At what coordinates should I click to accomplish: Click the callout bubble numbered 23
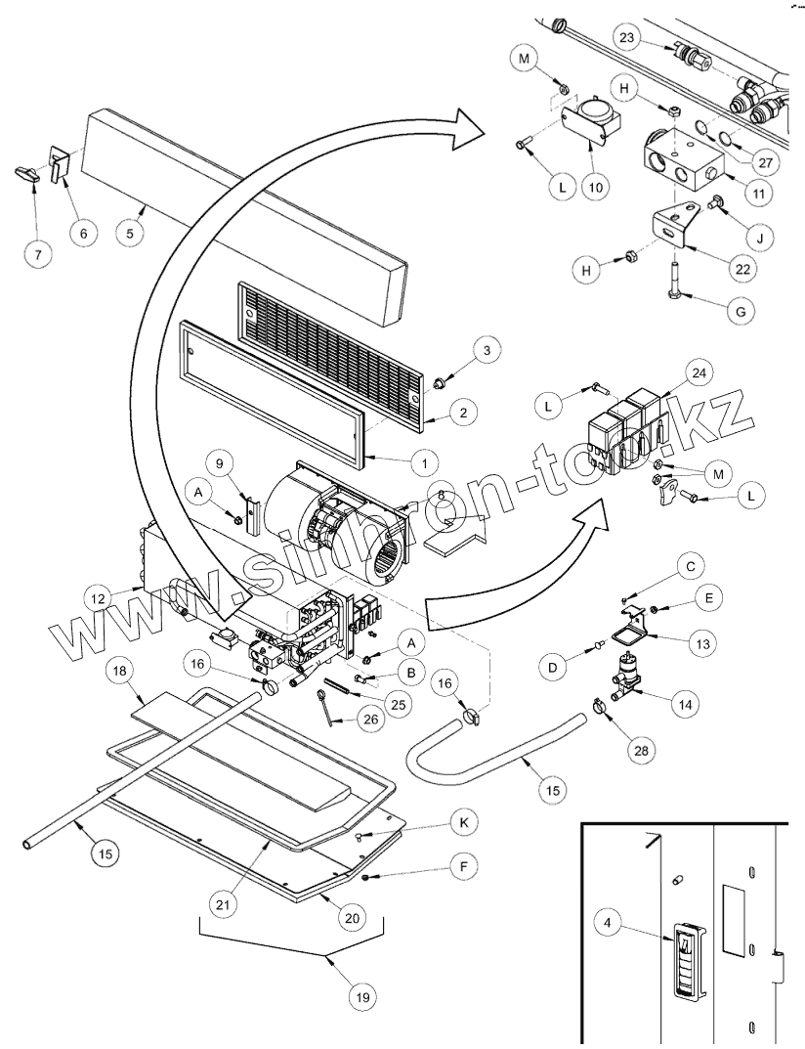pyautogui.click(x=628, y=39)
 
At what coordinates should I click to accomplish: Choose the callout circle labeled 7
pyautogui.click(x=38, y=253)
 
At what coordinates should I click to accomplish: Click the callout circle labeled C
pyautogui.click(x=690, y=566)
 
